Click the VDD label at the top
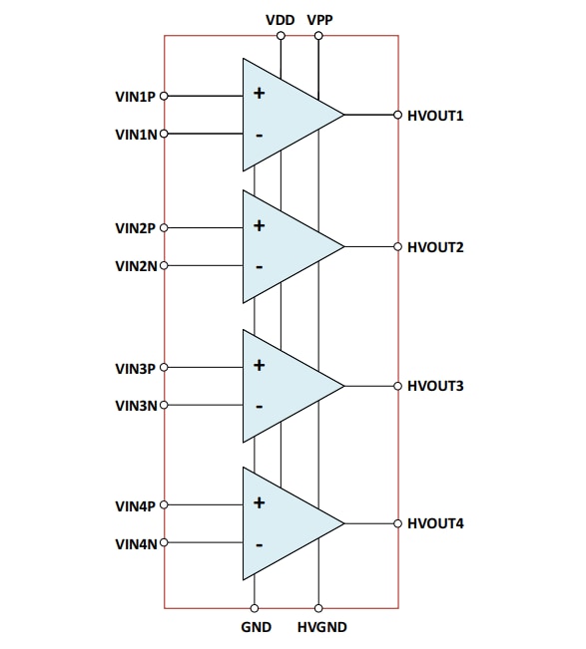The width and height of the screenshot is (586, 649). pyautogui.click(x=281, y=20)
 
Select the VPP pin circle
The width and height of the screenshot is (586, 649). pyautogui.click(x=318, y=36)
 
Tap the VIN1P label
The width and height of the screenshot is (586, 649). pyautogui.click(x=135, y=97)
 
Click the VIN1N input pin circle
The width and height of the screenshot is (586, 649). pyautogui.click(x=164, y=134)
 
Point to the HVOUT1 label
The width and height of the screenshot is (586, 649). pyautogui.click(x=435, y=116)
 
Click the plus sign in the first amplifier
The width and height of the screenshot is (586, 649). pyautogui.click(x=259, y=93)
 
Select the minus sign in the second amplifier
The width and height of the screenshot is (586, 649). pyautogui.click(x=260, y=267)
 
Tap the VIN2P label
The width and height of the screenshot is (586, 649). pyautogui.click(x=135, y=228)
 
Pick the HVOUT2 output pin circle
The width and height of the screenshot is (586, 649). pyautogui.click(x=398, y=246)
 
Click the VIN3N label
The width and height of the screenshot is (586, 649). pyautogui.click(x=136, y=406)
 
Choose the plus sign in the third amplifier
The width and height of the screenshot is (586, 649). pyautogui.click(x=259, y=365)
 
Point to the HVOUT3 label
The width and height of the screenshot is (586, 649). pyautogui.click(x=435, y=386)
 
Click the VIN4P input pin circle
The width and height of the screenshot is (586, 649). pyautogui.click(x=164, y=504)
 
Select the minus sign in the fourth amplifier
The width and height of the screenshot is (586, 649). pyautogui.click(x=260, y=545)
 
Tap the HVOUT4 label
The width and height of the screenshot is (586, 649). pyautogui.click(x=435, y=523)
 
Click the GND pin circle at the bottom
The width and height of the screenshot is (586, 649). pyautogui.click(x=255, y=608)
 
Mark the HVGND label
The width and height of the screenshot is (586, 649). pyautogui.click(x=322, y=627)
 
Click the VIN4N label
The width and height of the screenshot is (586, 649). pyautogui.click(x=136, y=544)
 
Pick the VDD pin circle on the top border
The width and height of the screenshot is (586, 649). pyautogui.click(x=281, y=36)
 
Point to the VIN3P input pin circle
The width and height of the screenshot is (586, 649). pyautogui.click(x=164, y=367)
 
